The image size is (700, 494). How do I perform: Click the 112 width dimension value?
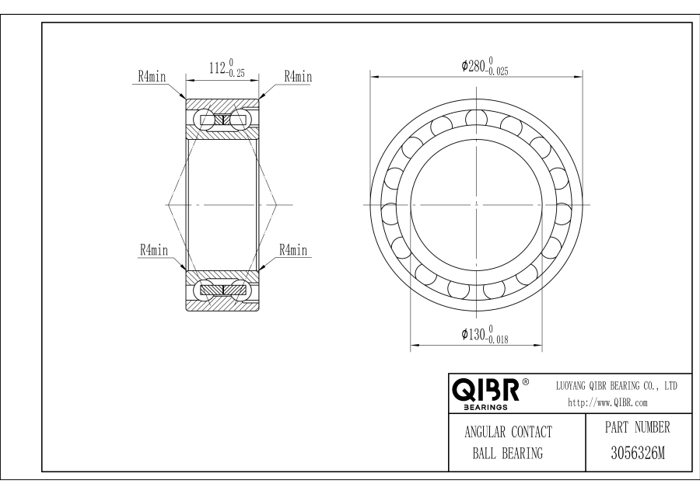[x=216, y=68]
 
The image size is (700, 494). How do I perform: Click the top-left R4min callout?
[x=152, y=77]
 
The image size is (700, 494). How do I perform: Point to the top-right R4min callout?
[x=298, y=77]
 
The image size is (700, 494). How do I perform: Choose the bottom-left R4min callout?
[x=154, y=249]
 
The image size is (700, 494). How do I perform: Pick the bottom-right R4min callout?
[x=293, y=249]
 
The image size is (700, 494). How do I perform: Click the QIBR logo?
[x=485, y=390]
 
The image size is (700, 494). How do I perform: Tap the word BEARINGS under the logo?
[x=485, y=407]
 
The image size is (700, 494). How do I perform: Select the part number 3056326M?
[x=638, y=454]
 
